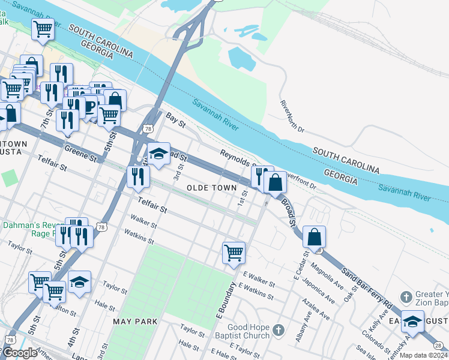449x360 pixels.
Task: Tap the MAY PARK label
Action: coord(135,322)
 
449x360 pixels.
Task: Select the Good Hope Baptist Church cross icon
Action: coord(277,330)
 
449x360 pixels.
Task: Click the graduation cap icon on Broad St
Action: coord(158,154)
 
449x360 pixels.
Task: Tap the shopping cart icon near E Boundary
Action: coord(233,252)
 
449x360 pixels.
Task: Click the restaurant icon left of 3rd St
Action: coord(139,176)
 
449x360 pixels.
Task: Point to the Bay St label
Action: coord(176,121)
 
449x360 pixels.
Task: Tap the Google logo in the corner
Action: coord(19,353)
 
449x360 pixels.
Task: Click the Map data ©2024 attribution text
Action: coord(423,355)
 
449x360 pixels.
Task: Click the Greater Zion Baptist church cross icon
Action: coord(406,296)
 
